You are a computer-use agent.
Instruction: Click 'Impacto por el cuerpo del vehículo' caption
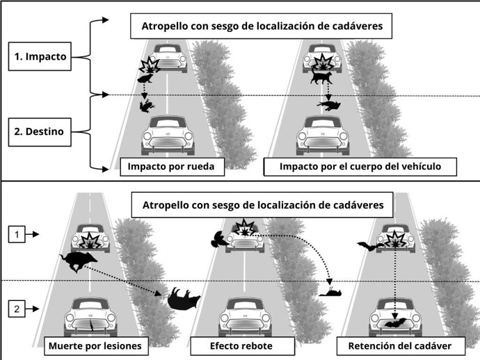click(359, 167)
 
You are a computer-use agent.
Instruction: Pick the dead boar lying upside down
click(184, 299)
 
